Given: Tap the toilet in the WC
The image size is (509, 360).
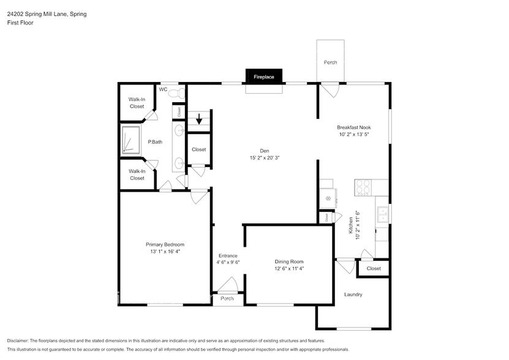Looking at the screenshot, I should tap(178, 92).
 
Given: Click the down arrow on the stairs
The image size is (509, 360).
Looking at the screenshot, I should tap(198, 119).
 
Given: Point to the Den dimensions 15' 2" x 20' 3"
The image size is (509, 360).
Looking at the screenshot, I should tap(264, 157).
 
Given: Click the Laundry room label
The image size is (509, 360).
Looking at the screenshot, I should tap(353, 294).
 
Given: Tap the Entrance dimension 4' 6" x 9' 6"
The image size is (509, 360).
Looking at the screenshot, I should tap(228, 262).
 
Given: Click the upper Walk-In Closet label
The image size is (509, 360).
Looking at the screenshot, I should tap(137, 102).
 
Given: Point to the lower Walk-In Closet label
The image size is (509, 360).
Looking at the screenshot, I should tap(137, 174).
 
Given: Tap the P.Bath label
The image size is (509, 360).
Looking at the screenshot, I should tap(155, 142).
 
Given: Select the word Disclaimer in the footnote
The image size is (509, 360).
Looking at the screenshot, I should tap(20, 340).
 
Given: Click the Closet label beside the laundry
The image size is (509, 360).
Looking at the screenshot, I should tap(374, 268).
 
